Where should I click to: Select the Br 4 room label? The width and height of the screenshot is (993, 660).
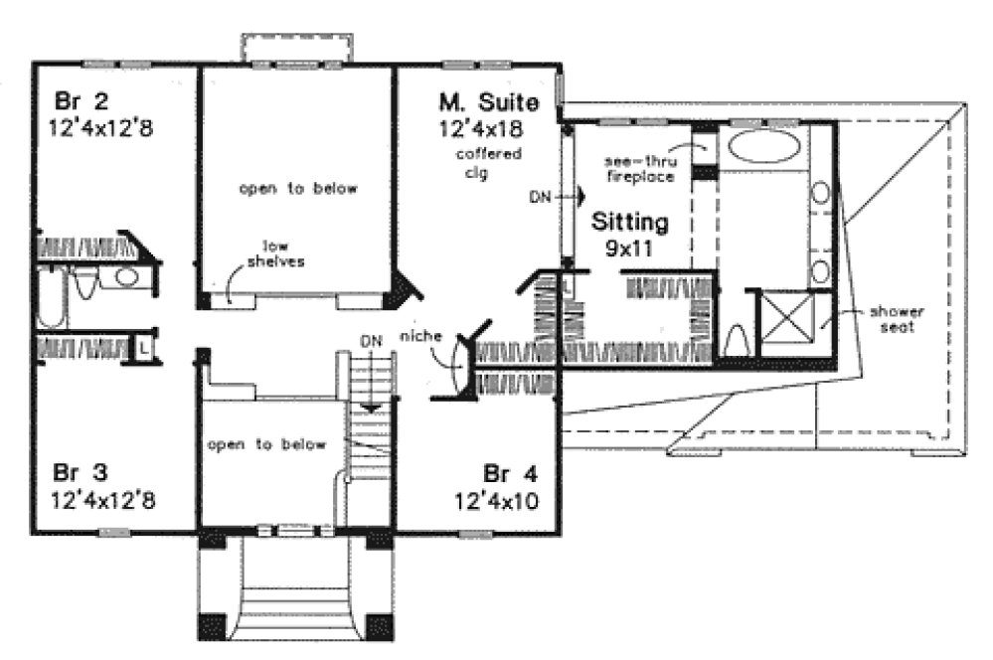click(x=504, y=472)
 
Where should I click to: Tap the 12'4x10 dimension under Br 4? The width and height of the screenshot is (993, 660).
click(x=497, y=500)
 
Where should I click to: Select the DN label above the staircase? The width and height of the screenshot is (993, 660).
click(x=371, y=340)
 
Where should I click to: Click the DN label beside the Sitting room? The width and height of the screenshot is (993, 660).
click(x=540, y=197)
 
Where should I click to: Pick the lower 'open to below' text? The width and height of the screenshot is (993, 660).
click(x=266, y=444)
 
